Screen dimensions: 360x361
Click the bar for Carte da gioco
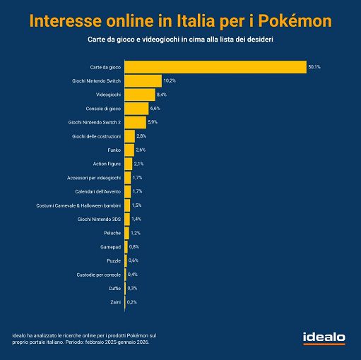tap(215, 67)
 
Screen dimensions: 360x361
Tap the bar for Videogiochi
tap(139, 95)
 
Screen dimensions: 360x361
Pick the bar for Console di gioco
tap(136, 108)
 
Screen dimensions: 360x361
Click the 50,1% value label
tap(315, 67)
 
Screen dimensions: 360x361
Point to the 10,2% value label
tap(171, 80)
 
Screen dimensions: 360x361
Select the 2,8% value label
tap(141, 136)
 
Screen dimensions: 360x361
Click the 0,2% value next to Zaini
tap(132, 302)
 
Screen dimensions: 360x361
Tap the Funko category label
tap(112, 150)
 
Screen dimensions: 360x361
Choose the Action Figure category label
tap(107, 164)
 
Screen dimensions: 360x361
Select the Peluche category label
tap(110, 233)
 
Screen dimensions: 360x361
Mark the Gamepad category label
tap(109, 247)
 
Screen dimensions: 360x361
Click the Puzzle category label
tap(112, 260)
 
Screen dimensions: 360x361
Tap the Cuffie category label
tap(112, 288)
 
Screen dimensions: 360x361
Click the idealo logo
tap(324, 338)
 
